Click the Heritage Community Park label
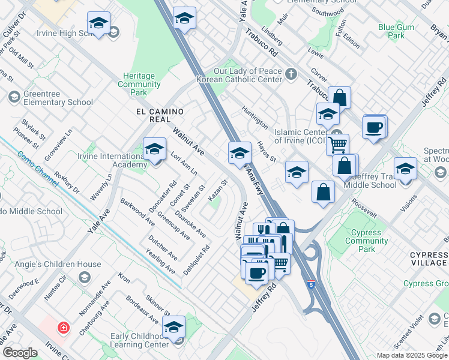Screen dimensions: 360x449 point(139,85)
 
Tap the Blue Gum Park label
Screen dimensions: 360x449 point(396,31)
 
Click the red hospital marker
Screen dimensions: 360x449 point(63,328)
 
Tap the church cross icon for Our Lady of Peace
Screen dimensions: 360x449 point(291,75)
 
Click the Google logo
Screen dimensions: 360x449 point(20,353)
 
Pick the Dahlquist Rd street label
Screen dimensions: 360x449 point(196,259)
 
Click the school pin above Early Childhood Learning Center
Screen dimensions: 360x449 point(173,327)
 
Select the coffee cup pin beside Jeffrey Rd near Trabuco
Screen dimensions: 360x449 point(374,127)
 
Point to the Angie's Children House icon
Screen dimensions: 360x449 point(85,277)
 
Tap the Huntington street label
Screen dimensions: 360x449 point(255,118)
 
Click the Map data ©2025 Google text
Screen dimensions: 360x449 point(411,355)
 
